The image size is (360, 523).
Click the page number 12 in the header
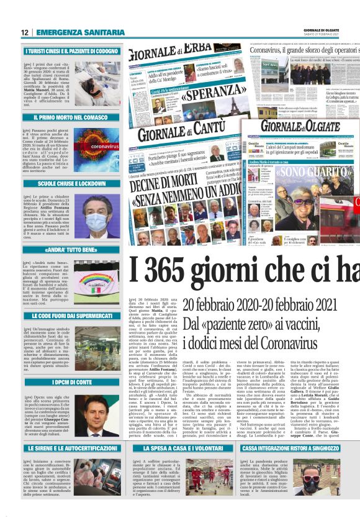tap(25, 32)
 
